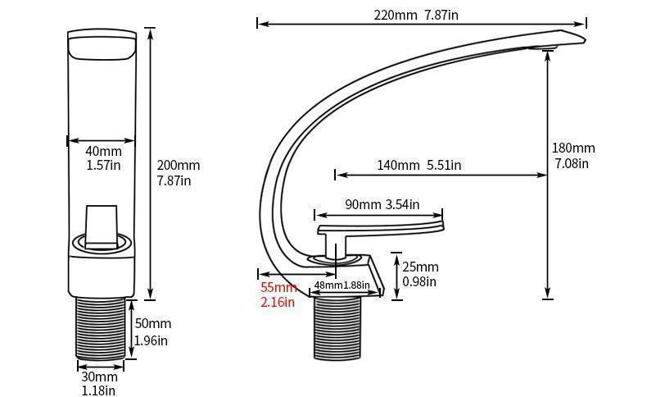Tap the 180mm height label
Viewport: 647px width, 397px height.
tap(573, 148)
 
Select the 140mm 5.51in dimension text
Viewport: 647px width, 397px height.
tap(419, 166)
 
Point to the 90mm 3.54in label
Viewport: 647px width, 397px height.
tap(382, 204)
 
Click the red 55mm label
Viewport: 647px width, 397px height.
tap(278, 288)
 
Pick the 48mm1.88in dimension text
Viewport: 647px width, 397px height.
tap(342, 286)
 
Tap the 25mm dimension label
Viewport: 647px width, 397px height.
tap(420, 267)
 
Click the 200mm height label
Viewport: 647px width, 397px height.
tap(178, 166)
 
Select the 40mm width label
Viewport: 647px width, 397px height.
tap(103, 152)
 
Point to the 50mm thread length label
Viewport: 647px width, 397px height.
tap(153, 324)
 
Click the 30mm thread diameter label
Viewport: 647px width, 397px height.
tap(98, 377)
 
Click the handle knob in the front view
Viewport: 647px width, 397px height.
tap(102, 224)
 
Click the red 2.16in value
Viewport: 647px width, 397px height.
tap(277, 303)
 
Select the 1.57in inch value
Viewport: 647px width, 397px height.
tap(103, 166)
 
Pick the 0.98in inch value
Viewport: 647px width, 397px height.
tap(419, 282)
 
